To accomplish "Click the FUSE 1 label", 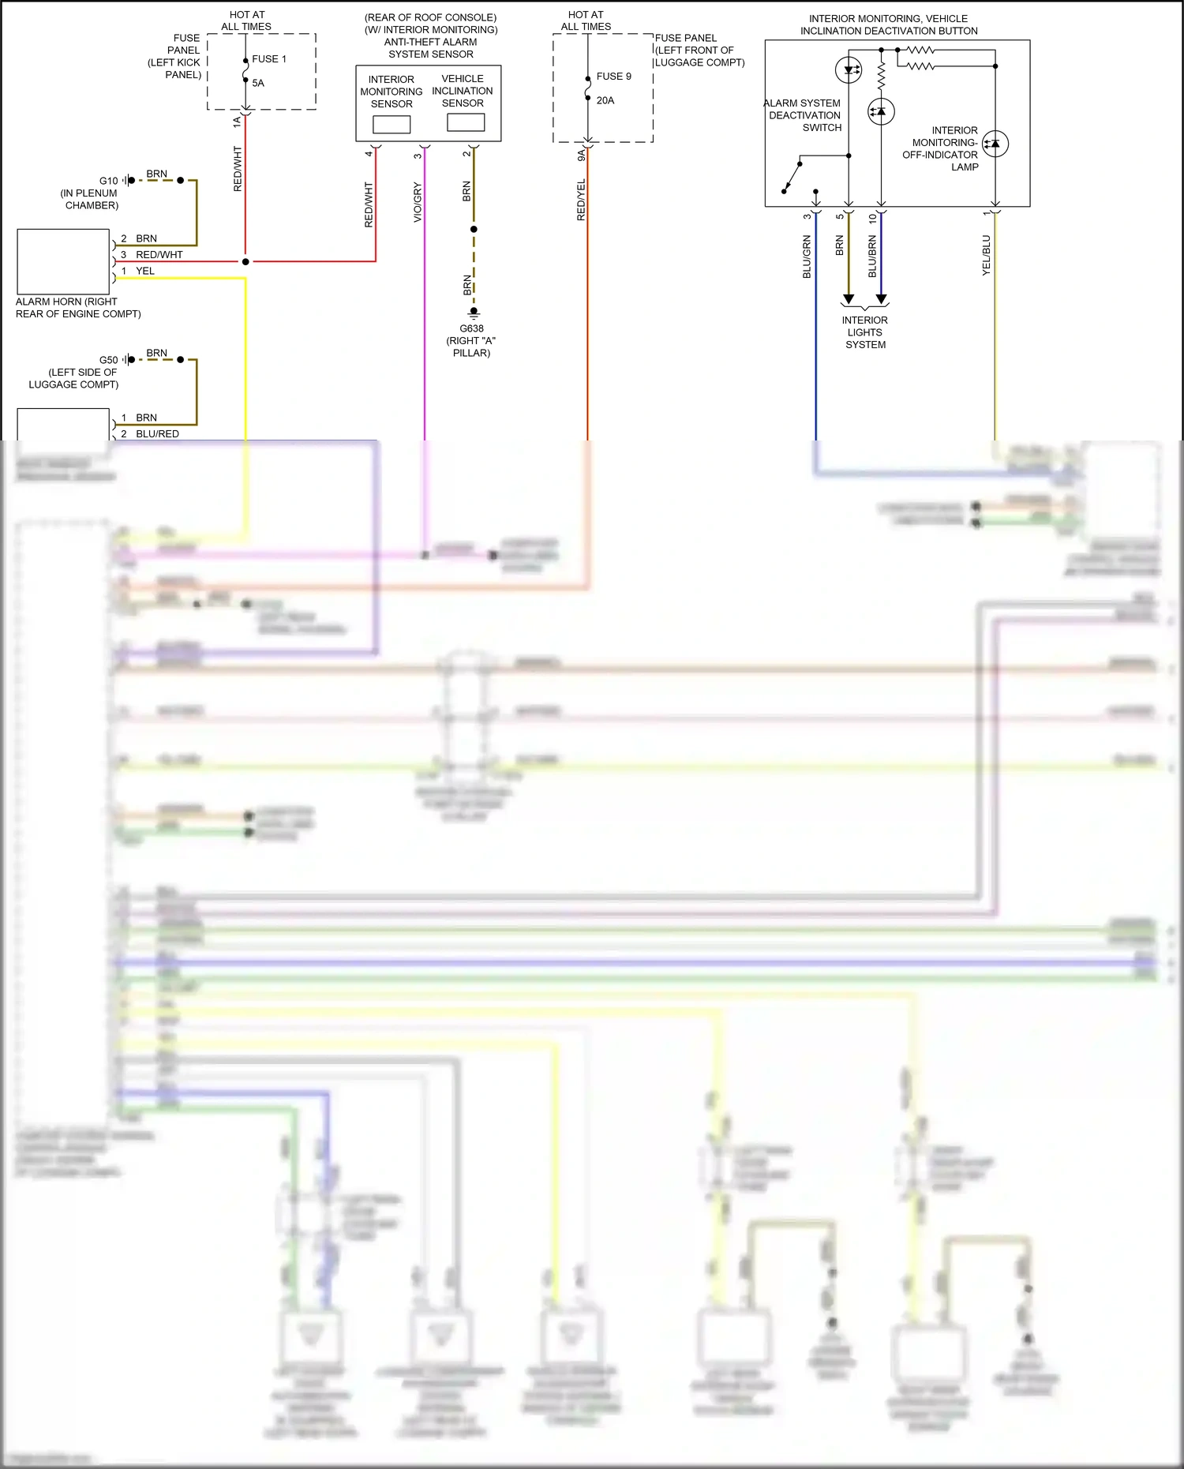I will click(269, 59).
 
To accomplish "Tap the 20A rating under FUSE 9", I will click(605, 100).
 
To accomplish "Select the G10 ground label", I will click(108, 181).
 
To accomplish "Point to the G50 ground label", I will click(108, 360).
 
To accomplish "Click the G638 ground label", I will click(471, 328).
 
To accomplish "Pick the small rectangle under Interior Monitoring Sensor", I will click(392, 125).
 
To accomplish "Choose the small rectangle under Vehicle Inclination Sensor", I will click(466, 122).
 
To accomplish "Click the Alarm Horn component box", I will click(63, 261).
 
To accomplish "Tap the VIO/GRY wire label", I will click(418, 202).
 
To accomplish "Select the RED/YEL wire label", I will click(582, 200).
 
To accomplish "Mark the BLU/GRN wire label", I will click(807, 257).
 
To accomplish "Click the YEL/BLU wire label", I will click(986, 255).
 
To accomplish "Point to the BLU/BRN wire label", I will click(872, 256).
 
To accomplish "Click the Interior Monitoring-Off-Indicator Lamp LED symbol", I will click(995, 144).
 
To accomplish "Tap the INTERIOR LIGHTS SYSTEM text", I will click(865, 332).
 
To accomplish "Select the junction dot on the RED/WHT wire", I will click(245, 261).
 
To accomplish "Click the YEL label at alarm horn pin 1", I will click(145, 271).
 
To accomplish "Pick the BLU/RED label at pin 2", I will click(157, 434).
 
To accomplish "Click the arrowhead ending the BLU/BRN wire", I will click(882, 299).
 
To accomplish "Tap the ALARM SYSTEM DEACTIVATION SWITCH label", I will click(804, 115).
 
